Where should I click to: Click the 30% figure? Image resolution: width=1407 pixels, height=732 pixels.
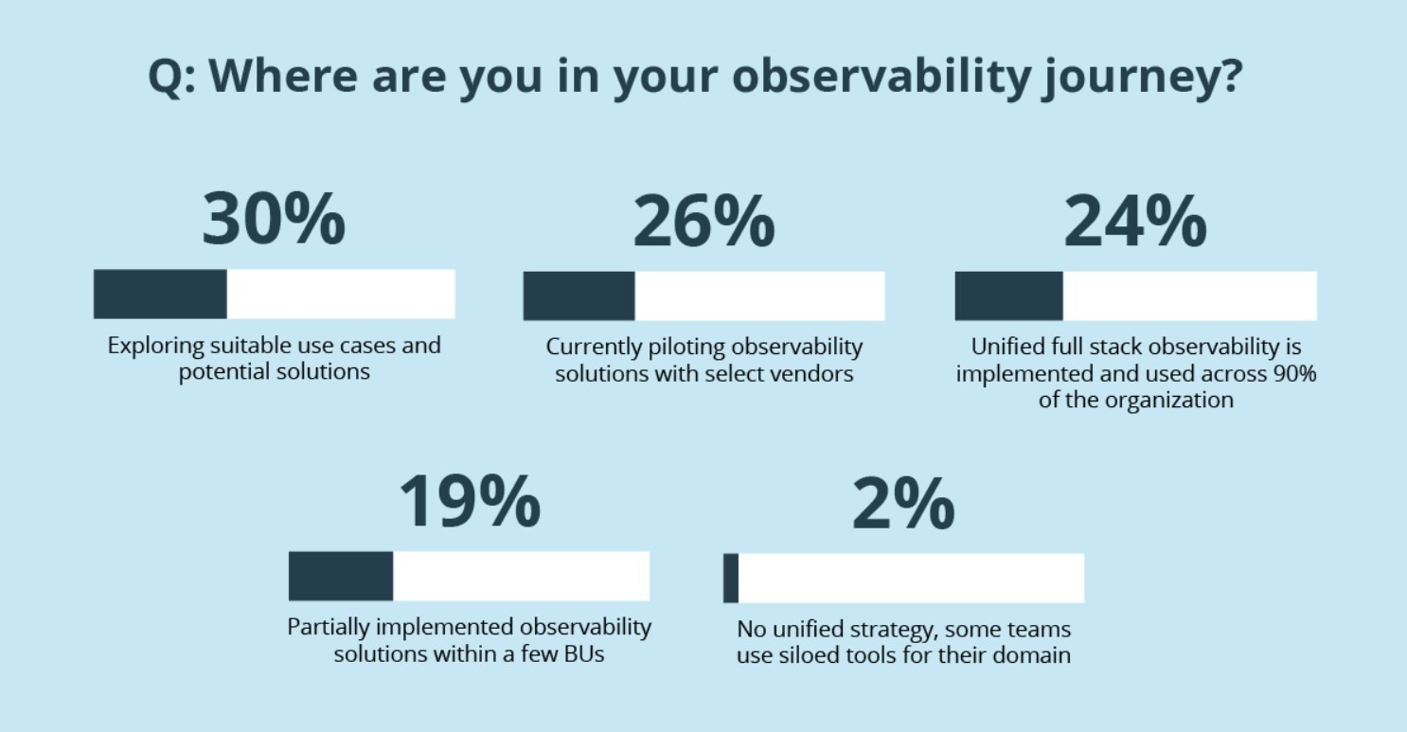click(x=274, y=219)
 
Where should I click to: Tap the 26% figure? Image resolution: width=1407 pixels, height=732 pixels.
click(x=703, y=221)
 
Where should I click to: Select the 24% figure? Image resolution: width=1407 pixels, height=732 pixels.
click(x=1134, y=221)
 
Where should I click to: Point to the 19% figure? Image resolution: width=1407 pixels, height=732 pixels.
click(x=470, y=501)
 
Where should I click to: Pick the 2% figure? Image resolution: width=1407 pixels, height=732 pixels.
click(x=903, y=503)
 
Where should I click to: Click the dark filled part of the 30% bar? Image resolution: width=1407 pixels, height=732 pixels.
click(x=160, y=294)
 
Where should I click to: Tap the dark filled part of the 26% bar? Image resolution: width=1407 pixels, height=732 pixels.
click(x=579, y=295)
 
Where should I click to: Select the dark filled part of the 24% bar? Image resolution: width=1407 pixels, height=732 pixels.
click(x=1008, y=295)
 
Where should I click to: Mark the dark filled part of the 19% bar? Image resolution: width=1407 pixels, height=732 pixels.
click(x=341, y=576)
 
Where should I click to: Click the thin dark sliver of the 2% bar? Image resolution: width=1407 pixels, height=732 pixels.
click(x=731, y=578)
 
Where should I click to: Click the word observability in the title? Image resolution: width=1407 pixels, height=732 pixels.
click(x=882, y=76)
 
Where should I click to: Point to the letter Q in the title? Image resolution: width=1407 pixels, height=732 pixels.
click(x=165, y=76)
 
